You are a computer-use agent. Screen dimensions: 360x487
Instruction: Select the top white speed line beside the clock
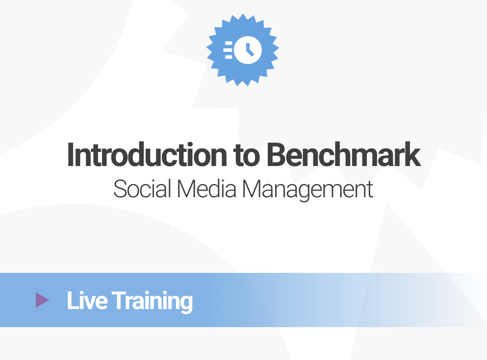pos(228,43)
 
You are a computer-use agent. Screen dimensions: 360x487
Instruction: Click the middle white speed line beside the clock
pos(227,50)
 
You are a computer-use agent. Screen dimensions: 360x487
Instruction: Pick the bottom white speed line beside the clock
pos(228,57)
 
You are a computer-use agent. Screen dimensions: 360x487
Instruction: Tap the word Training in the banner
pos(152,301)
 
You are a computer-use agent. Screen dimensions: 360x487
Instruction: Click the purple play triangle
pos(42,300)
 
